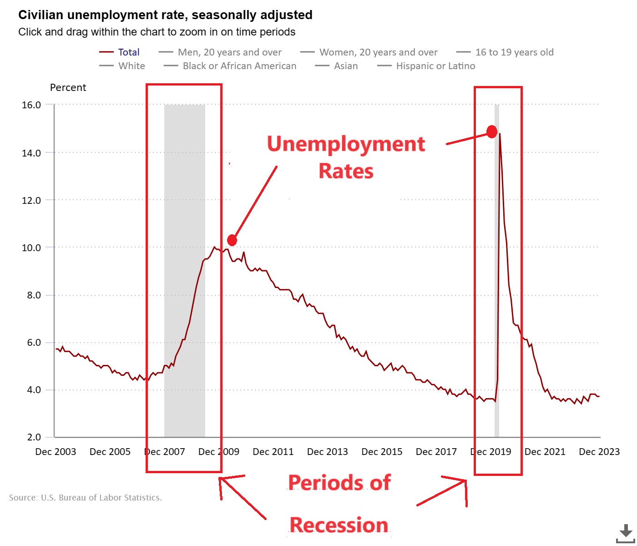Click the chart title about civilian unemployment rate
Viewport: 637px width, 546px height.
point(165,15)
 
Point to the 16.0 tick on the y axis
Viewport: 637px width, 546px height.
point(31,105)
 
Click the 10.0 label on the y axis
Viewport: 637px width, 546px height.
point(31,248)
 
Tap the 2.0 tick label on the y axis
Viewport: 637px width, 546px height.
point(34,437)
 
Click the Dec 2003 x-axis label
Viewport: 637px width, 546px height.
point(56,452)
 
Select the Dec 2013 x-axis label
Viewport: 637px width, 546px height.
point(327,452)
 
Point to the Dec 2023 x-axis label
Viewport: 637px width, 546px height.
point(599,452)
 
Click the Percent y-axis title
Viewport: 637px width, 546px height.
point(68,88)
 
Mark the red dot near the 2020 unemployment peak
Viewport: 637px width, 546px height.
point(491,132)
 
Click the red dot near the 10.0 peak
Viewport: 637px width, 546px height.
point(232,240)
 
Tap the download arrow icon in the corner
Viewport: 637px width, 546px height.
point(626,532)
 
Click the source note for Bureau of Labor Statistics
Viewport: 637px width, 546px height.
point(86,498)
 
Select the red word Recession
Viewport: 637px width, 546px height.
point(339,525)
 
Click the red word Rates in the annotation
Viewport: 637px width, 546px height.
point(346,172)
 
